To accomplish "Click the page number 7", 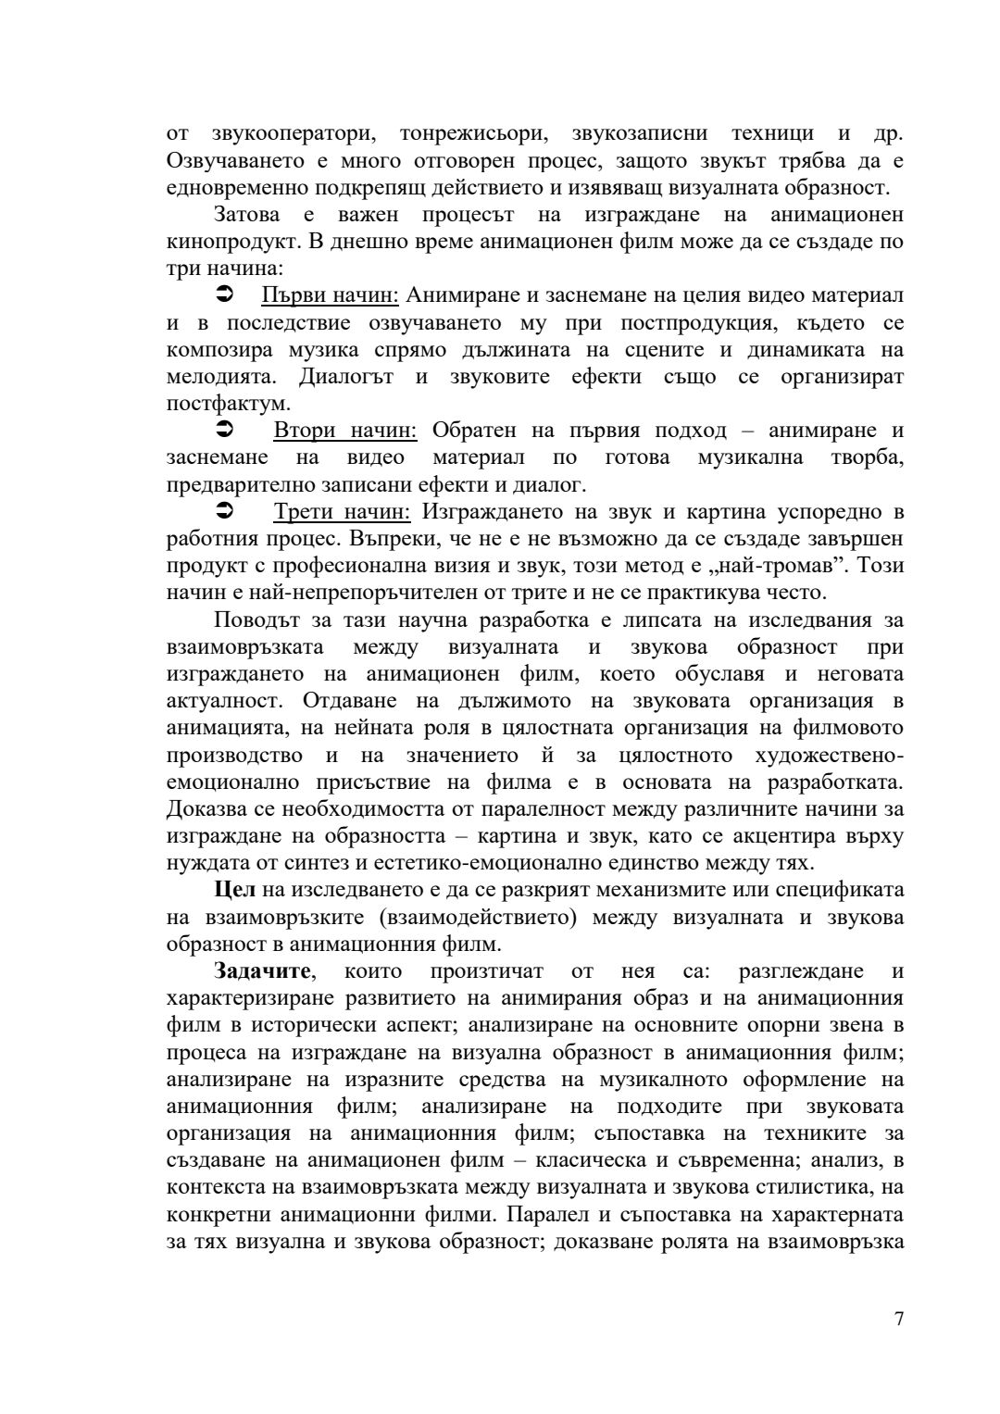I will point(899,1319).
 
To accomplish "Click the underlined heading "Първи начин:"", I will point(330,295).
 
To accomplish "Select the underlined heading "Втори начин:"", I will point(344,431).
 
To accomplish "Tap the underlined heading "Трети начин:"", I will point(342,512).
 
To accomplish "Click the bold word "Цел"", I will point(235,890).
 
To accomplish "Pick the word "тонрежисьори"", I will point(472,133).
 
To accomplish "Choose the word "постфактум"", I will point(227,404).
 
